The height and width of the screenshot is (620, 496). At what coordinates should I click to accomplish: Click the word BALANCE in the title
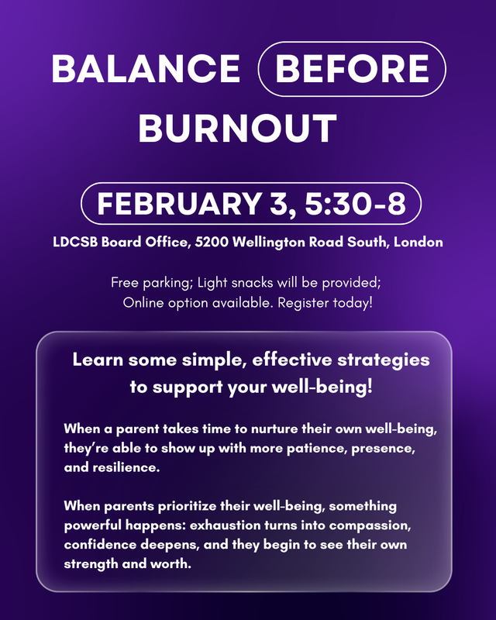point(146,70)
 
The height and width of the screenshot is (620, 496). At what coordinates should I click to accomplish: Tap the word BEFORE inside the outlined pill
point(353,70)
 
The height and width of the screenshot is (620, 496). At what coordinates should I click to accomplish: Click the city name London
point(418,243)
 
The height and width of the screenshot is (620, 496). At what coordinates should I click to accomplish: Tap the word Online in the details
point(143,301)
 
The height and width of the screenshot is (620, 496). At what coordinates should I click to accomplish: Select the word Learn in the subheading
point(95,360)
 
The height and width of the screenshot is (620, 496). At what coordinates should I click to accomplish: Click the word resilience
point(124,469)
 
